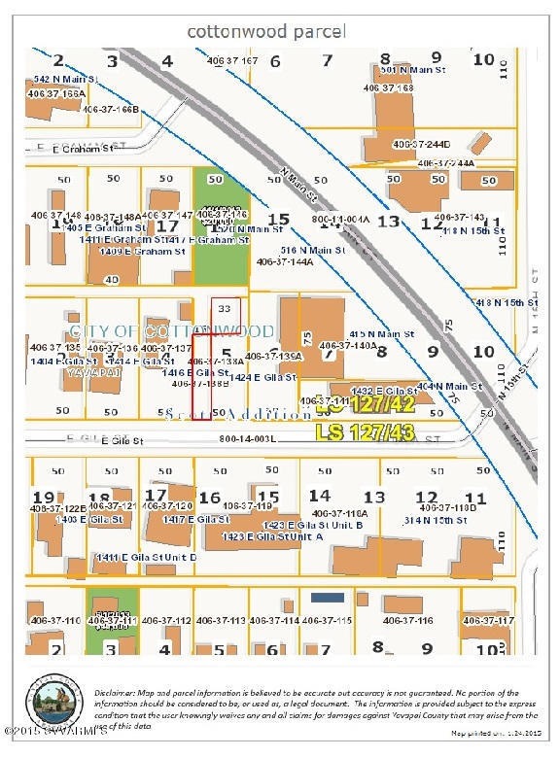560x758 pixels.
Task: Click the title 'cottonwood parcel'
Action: pos(265,31)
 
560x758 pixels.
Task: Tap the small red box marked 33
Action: pos(225,308)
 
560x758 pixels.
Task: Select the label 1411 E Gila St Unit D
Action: pos(146,557)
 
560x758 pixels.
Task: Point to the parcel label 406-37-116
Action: pos(407,620)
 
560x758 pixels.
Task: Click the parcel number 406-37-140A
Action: pos(346,345)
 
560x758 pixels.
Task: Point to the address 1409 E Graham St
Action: pos(142,252)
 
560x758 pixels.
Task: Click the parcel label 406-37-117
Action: pos(488,620)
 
